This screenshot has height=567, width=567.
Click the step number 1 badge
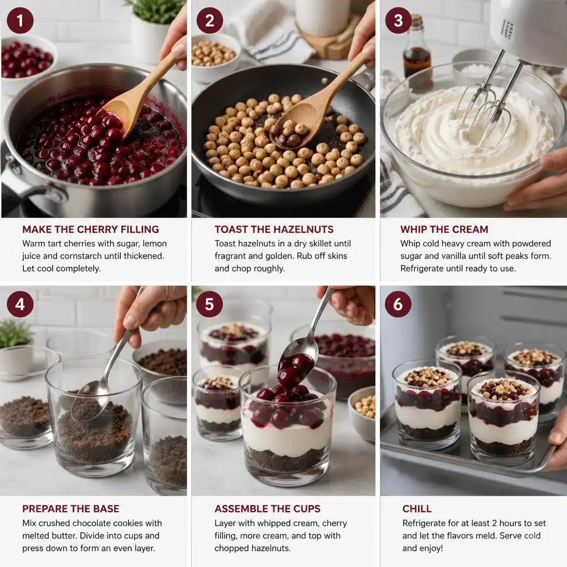pos(20,20)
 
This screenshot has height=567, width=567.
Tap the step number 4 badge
pos(20,304)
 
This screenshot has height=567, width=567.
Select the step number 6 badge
pos(398,304)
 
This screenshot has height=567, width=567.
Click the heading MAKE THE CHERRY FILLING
pos(90,229)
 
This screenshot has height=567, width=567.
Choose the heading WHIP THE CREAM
pos(444,229)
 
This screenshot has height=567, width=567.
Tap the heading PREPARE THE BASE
pos(70,508)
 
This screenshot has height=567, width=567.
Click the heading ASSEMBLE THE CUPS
pos(267,508)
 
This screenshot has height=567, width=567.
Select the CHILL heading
pos(417,508)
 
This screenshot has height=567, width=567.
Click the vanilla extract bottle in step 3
pos(417,58)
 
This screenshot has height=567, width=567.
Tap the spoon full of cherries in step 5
pos(296,365)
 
